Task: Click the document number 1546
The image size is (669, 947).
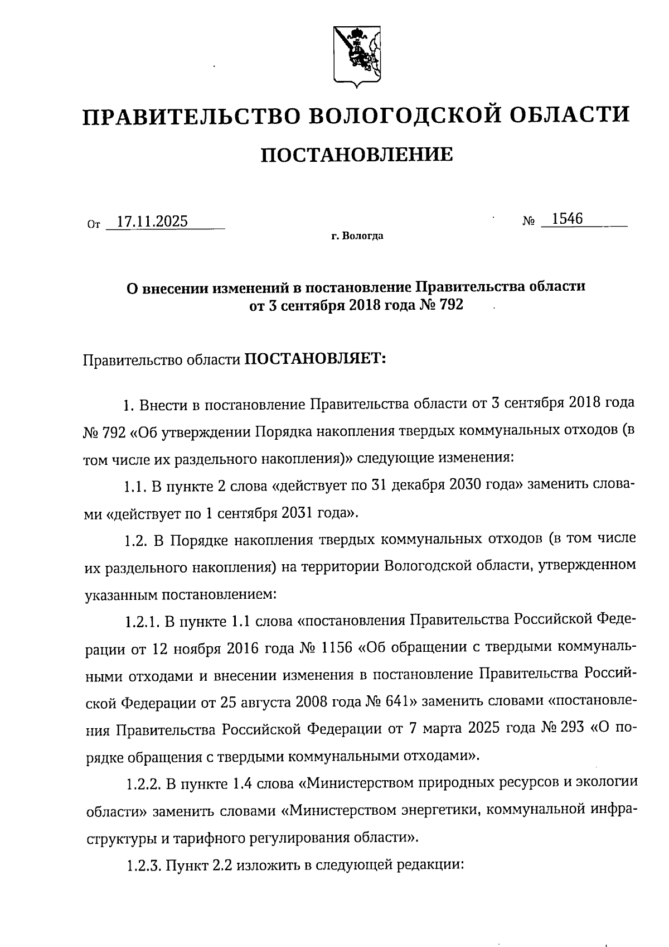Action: (x=567, y=219)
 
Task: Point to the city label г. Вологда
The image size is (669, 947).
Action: (x=357, y=237)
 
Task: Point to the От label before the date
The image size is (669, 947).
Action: (x=94, y=225)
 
